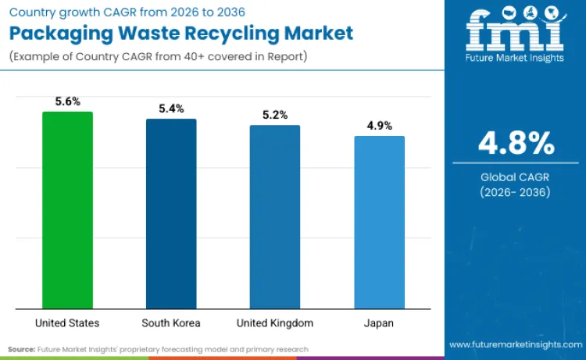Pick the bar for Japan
[x=379, y=222]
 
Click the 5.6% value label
[x=67, y=102]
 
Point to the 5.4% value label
[x=171, y=109]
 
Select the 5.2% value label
[x=275, y=115]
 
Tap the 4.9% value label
[x=379, y=126]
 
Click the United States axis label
[x=67, y=323]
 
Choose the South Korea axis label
[x=171, y=323]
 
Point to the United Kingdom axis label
[x=275, y=323]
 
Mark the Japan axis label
[x=379, y=323]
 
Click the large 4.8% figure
[x=516, y=144]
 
